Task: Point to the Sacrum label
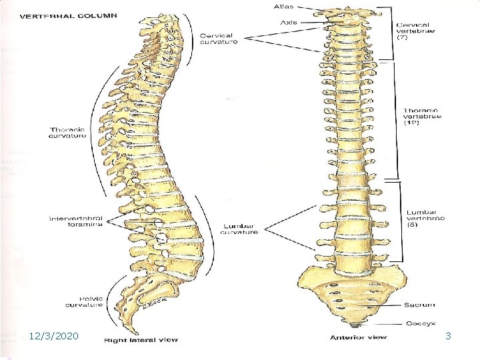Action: (419, 305)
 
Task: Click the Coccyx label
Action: (419, 323)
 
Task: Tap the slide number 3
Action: (449, 337)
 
